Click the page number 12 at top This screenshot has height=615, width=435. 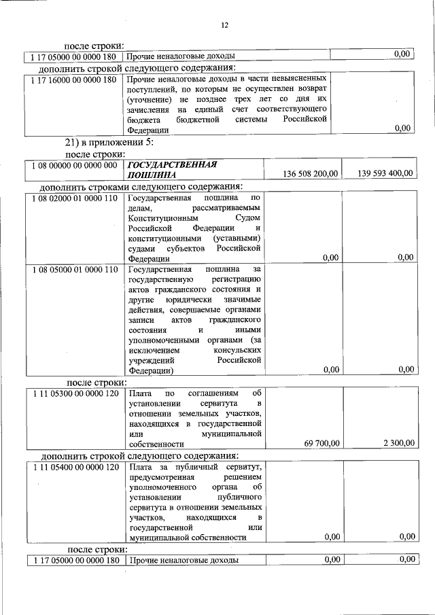(x=224, y=25)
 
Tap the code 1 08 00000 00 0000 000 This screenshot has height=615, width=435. (x=73, y=164)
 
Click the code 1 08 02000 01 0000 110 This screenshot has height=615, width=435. (x=73, y=198)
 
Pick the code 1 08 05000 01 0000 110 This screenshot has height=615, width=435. (x=73, y=270)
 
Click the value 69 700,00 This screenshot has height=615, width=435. (x=317, y=444)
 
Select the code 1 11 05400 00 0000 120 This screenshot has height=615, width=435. (x=73, y=467)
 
